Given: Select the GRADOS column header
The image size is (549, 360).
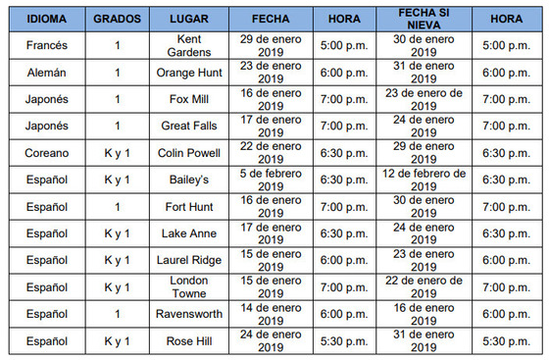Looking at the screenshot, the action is coord(116,19).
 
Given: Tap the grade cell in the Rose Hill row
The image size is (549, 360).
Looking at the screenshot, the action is coord(116,341).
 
